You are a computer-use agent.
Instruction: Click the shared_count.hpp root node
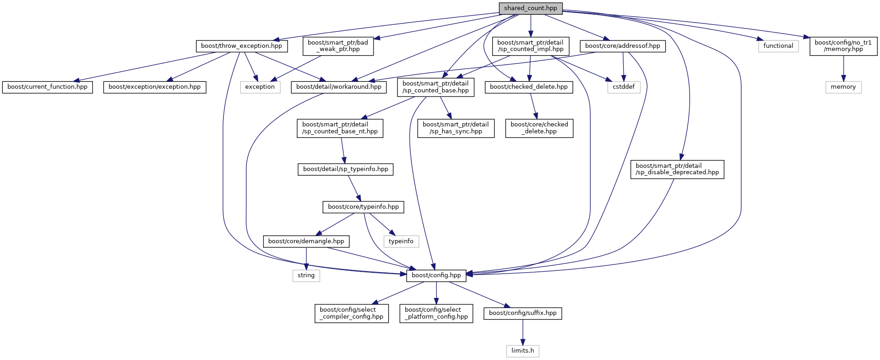530,8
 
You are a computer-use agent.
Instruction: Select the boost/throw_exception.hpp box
242,46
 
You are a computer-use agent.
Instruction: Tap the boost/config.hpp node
436,275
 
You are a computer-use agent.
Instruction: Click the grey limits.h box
523,351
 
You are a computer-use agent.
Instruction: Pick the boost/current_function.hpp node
47,87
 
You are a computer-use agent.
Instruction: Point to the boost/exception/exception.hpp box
155,87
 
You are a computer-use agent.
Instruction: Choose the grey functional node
778,46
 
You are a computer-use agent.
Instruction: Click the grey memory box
843,87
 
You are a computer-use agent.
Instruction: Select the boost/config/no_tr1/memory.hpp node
843,46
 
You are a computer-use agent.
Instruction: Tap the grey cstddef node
623,87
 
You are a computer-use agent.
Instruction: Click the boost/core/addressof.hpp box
622,46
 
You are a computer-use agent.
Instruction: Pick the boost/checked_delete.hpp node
529,87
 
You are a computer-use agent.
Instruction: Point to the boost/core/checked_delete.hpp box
539,128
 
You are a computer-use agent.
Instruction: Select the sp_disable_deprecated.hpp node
677,169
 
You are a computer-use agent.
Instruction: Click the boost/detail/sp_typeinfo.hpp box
345,169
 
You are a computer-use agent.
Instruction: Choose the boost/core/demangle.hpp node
306,241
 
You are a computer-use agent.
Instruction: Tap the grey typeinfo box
401,241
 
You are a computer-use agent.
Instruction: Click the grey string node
306,275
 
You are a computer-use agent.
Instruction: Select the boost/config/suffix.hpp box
523,313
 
